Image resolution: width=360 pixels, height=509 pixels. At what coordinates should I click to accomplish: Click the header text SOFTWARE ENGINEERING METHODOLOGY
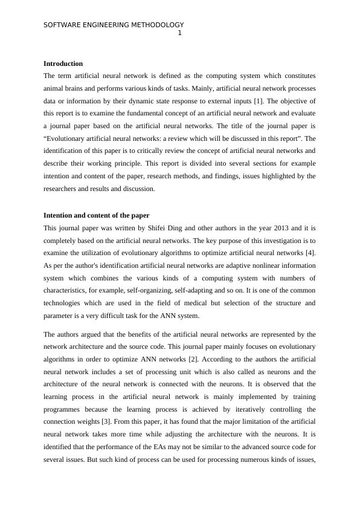pos(114,25)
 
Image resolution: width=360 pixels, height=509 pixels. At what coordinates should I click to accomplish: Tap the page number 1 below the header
pos(179,33)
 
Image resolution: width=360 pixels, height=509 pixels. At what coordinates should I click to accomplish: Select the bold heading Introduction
pos(63,63)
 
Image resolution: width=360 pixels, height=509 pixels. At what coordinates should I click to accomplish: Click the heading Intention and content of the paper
pos(96,215)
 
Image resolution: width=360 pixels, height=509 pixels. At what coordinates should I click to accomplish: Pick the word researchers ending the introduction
pos(62,189)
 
